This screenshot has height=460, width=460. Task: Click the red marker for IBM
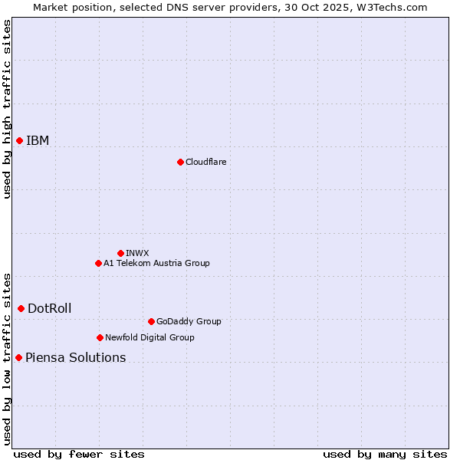click(x=19, y=140)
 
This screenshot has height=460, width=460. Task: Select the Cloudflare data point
click(x=180, y=162)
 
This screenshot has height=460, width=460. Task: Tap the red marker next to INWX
click(x=120, y=253)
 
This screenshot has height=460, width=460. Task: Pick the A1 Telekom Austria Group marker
click(x=98, y=263)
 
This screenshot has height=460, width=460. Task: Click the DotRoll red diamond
click(x=21, y=308)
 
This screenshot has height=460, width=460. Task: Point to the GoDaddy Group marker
click(x=151, y=321)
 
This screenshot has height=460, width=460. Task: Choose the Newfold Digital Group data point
click(x=100, y=337)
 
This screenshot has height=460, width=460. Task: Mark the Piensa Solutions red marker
click(x=18, y=357)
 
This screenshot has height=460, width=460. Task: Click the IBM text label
click(x=38, y=140)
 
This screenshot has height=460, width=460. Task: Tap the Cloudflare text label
click(x=205, y=162)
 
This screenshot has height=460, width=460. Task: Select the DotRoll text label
click(x=49, y=308)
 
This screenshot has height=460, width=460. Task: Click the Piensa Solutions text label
click(x=75, y=357)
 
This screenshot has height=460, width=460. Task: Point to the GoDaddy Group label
click(x=189, y=321)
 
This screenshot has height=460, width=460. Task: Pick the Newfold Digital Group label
click(x=149, y=337)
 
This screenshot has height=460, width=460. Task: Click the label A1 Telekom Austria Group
click(x=156, y=263)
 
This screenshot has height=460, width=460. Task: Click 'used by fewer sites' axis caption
click(x=79, y=454)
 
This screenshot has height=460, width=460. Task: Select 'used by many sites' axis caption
click(x=385, y=454)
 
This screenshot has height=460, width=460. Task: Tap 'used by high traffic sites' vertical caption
click(x=7, y=109)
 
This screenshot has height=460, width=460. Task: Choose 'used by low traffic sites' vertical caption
click(x=7, y=358)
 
